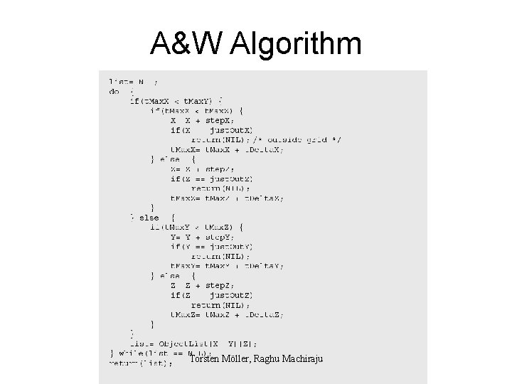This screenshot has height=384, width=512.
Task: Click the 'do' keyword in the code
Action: [114, 91]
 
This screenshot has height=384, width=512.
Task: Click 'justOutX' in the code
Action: [231, 131]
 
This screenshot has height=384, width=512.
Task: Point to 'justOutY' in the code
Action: [231, 247]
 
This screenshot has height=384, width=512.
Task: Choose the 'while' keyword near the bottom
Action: [131, 353]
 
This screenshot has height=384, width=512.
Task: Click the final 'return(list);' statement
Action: [141, 363]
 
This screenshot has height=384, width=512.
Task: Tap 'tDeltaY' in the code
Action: [264, 266]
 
